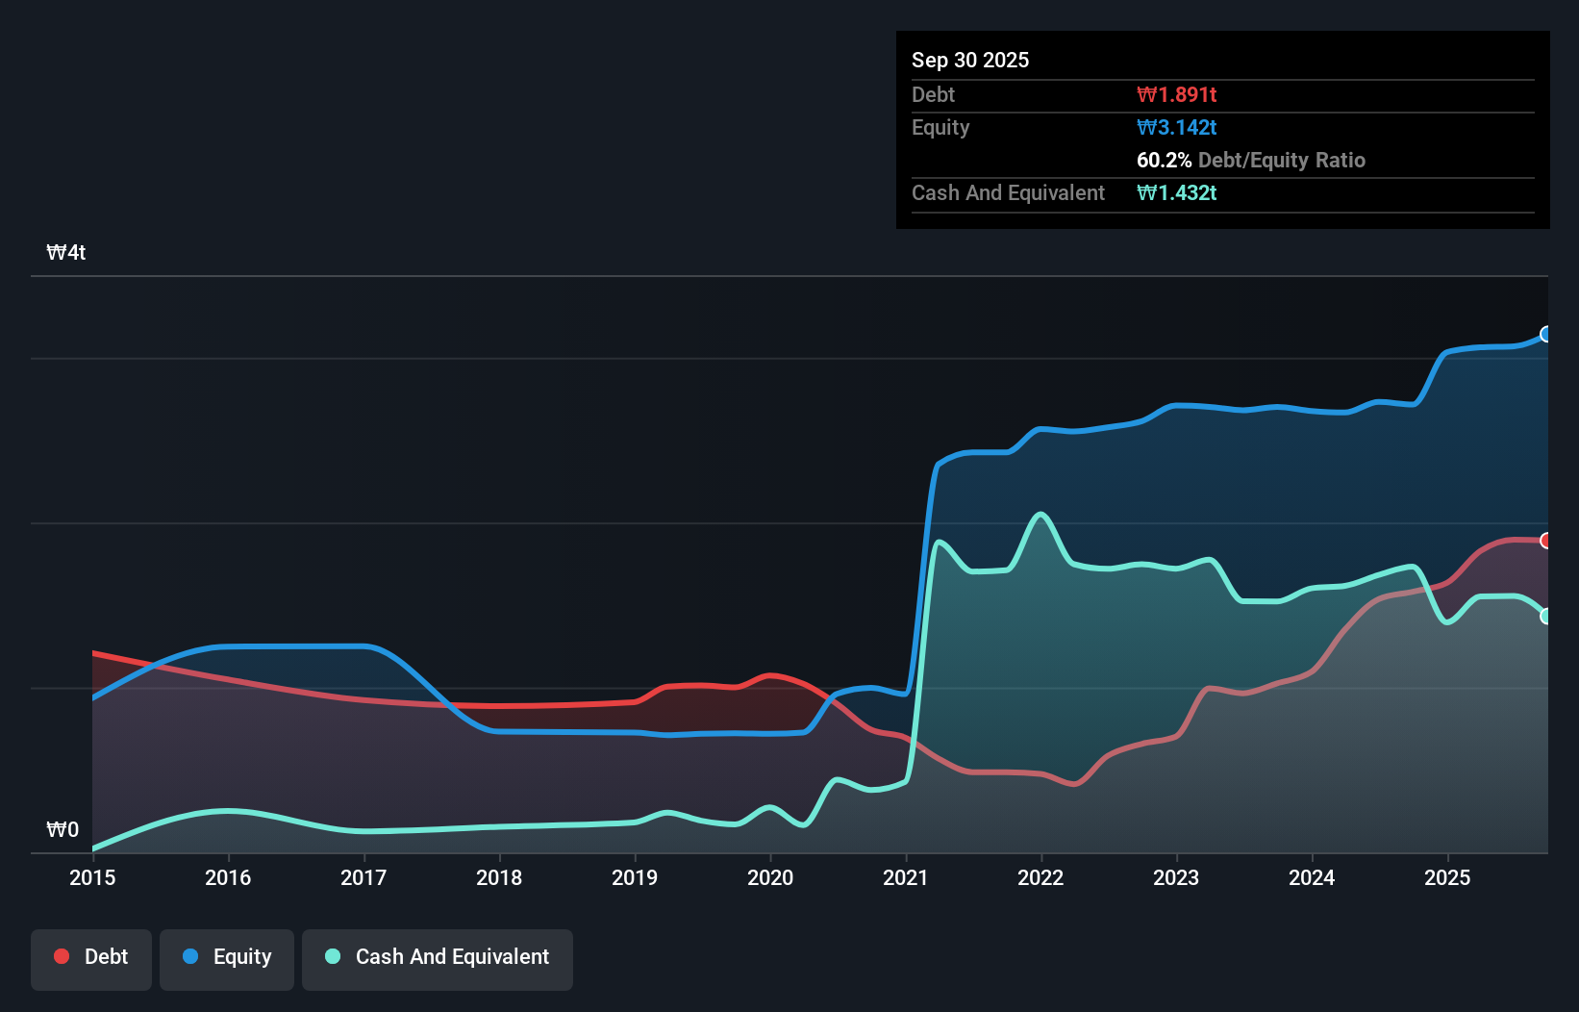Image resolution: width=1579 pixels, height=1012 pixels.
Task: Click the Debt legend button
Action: click(x=91, y=958)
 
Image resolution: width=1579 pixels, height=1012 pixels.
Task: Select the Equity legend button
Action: click(x=227, y=958)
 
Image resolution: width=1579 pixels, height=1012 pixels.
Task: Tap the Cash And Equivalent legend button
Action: click(x=438, y=958)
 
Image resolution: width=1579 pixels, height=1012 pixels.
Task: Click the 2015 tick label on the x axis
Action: click(x=92, y=877)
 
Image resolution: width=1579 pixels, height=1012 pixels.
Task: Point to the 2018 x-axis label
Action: click(x=499, y=877)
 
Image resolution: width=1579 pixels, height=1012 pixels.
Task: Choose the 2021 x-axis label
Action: click(x=906, y=877)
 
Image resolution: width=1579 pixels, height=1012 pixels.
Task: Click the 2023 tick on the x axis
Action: click(x=1176, y=877)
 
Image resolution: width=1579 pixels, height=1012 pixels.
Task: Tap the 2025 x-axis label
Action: click(x=1447, y=877)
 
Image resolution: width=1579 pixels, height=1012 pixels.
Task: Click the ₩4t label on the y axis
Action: click(x=66, y=253)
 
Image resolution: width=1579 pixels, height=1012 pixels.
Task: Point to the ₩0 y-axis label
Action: click(x=63, y=829)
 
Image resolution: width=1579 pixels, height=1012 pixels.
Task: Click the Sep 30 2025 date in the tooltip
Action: click(x=970, y=60)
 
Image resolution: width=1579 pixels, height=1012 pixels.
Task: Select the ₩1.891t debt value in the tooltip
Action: click(x=1176, y=94)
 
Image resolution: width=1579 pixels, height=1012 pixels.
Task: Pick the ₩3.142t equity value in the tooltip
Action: click(x=1176, y=127)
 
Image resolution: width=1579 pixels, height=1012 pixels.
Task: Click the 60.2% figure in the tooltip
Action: click(x=1164, y=160)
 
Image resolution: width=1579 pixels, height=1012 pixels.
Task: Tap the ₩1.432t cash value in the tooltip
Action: click(x=1176, y=192)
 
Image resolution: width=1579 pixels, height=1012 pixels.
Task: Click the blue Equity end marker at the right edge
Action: click(x=1545, y=334)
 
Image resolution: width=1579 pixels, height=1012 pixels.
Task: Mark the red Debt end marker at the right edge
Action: click(x=1545, y=541)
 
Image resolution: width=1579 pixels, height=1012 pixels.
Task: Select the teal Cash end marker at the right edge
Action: click(x=1545, y=616)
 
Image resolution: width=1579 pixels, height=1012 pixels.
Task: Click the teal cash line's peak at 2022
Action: click(x=1040, y=515)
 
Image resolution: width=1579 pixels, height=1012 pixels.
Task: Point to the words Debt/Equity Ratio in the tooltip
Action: click(x=1282, y=160)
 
